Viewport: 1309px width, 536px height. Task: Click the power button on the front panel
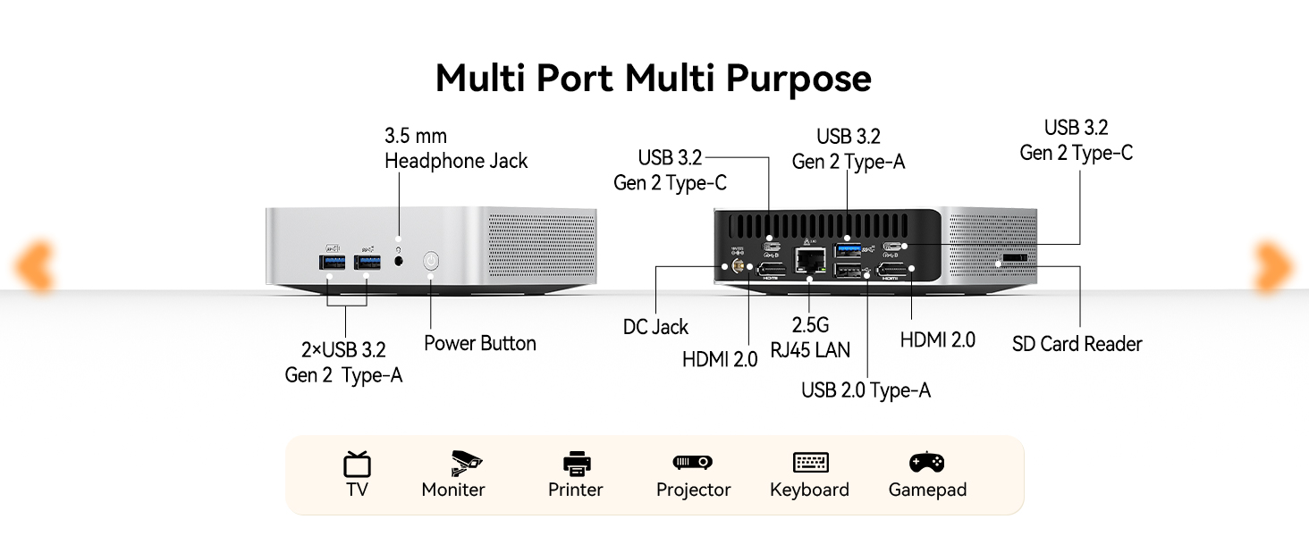point(431,261)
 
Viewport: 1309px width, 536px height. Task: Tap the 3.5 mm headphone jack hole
point(399,261)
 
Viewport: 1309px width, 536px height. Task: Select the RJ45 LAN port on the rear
point(809,261)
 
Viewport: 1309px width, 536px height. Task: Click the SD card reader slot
point(1015,257)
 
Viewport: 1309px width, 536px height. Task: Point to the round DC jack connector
point(738,267)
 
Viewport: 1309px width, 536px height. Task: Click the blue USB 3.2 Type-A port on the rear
point(848,250)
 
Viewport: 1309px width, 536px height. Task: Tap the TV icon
point(357,465)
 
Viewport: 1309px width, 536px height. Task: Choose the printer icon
point(577,464)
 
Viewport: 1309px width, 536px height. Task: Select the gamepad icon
point(927,462)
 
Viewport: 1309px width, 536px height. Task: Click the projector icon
point(692,463)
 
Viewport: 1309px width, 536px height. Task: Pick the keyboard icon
point(811,463)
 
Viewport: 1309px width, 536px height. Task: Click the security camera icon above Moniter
point(466,464)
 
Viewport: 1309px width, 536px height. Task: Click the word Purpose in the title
point(798,79)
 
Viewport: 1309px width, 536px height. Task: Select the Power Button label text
point(480,343)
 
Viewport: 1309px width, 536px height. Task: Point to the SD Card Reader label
point(1077,344)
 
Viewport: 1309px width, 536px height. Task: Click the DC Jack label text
point(655,327)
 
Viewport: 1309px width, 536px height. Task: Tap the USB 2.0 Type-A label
point(866,390)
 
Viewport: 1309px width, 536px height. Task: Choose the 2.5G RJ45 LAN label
point(810,338)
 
